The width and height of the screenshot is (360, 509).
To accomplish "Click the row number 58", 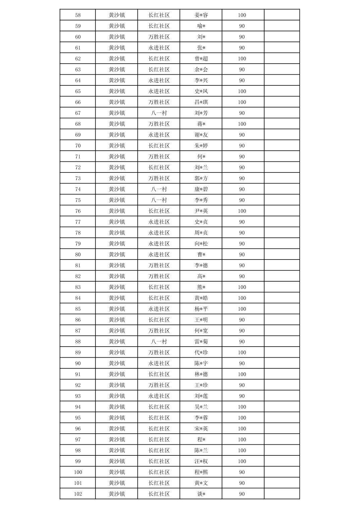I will (x=78, y=15).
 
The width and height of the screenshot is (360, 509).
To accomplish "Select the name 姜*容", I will (x=201, y=15).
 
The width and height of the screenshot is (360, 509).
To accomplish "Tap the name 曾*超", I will (x=201, y=59).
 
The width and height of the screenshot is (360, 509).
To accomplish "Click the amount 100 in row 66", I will (x=242, y=102).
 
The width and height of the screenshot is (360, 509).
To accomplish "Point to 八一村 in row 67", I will (x=159, y=113).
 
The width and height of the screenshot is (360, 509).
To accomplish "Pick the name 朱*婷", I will (x=201, y=146).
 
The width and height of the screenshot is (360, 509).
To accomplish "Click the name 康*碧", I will (x=201, y=189).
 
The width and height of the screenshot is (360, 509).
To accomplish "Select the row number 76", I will (x=78, y=211).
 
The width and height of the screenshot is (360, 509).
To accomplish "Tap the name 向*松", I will (x=201, y=244).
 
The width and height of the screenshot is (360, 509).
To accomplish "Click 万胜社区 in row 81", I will (x=159, y=266).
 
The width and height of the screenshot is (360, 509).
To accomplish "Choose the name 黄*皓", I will (x=201, y=298).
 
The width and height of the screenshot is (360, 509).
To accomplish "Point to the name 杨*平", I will (x=201, y=309).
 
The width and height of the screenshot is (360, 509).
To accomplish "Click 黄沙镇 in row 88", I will (x=117, y=342).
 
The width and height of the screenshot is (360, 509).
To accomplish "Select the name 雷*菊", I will (x=201, y=342).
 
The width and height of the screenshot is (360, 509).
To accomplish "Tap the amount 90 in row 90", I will (x=242, y=363).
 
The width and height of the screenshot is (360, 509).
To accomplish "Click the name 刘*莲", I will (x=201, y=396).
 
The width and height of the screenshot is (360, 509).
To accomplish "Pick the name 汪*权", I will (x=201, y=461).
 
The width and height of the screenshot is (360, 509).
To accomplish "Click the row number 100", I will (x=78, y=472).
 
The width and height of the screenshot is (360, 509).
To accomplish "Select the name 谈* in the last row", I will (x=201, y=494).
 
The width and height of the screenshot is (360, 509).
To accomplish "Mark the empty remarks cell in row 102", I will (x=282, y=494).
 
